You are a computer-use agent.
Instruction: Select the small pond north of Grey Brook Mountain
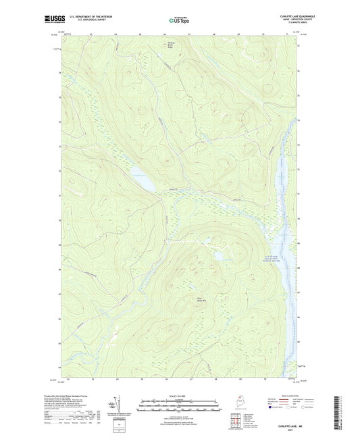220,257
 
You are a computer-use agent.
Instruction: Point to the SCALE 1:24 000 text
179,395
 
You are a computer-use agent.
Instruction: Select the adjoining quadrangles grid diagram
234,422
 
